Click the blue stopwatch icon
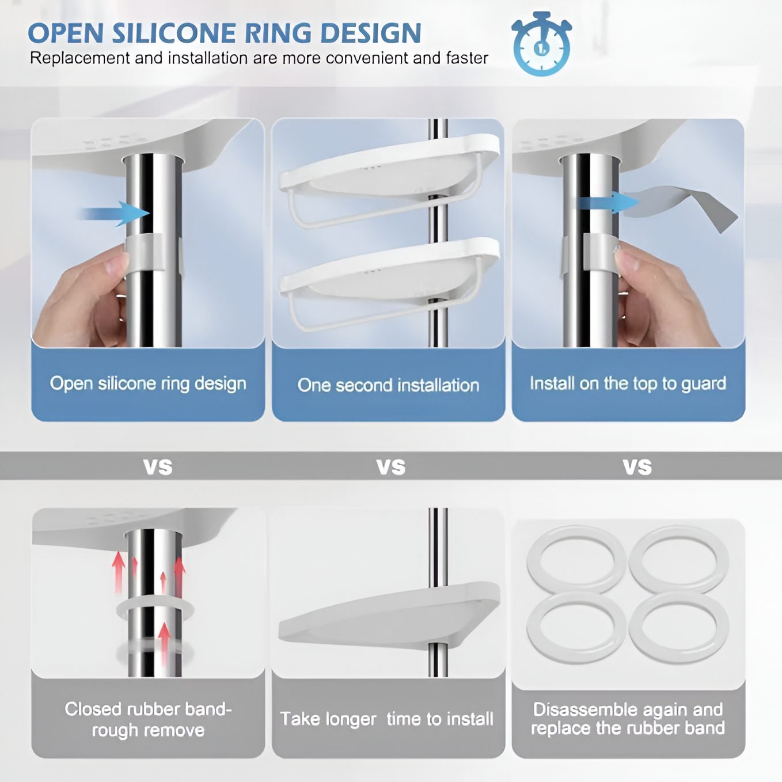coord(541,43)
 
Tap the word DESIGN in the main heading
coord(371,33)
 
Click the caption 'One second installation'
coord(388,385)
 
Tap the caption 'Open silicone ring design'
coord(148,384)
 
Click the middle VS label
coord(391,466)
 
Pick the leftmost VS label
coord(158,466)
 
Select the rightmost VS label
coord(637,466)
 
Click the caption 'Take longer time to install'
coord(387,719)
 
